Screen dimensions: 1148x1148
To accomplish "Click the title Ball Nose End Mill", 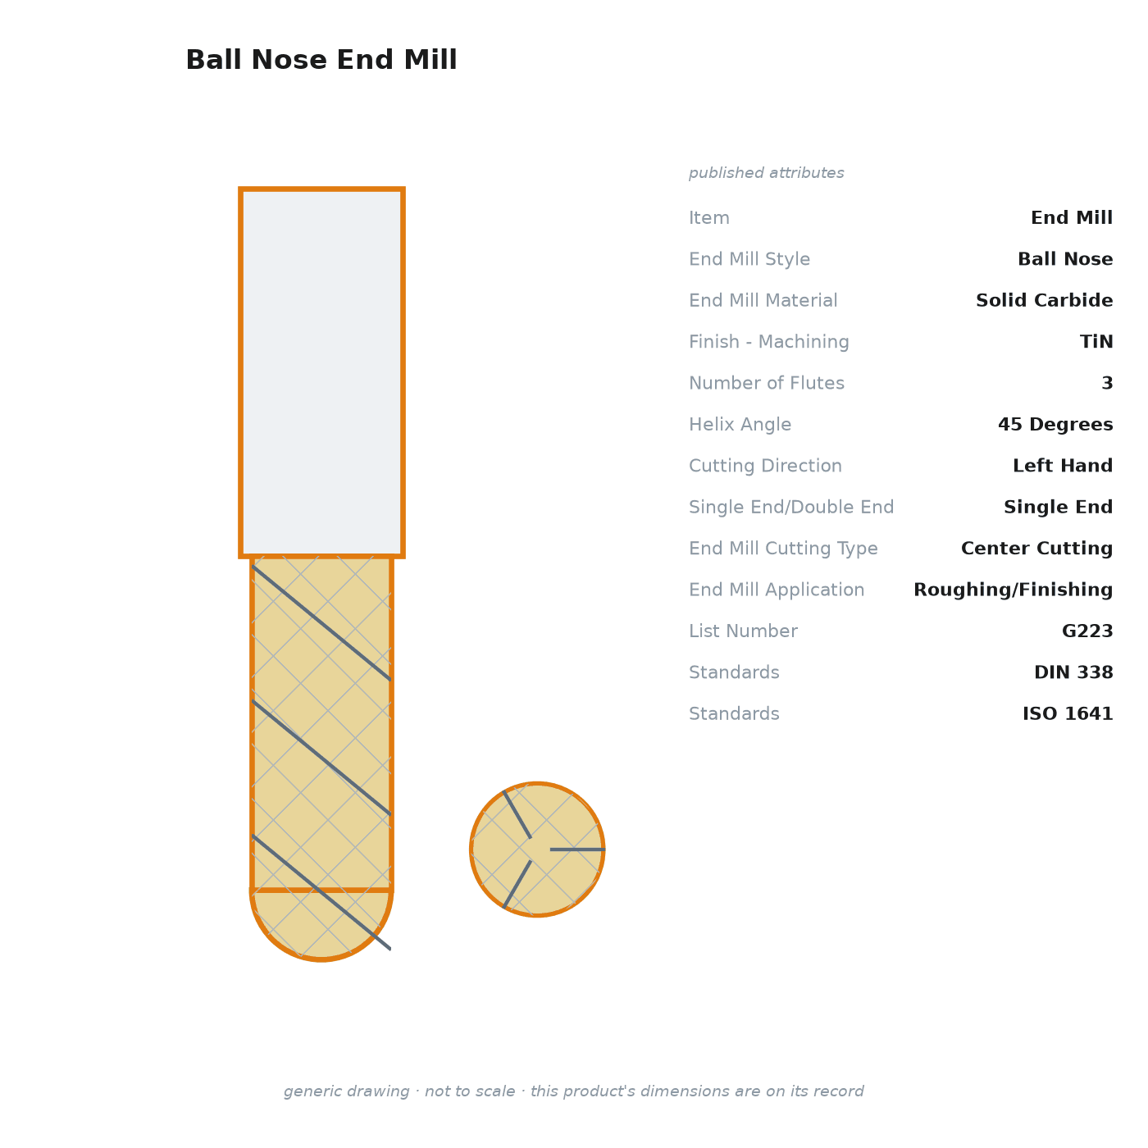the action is [321, 60].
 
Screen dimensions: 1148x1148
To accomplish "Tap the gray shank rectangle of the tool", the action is [321, 372].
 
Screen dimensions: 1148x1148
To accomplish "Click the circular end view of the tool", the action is [537, 850].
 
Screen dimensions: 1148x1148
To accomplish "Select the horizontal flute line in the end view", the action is [577, 850].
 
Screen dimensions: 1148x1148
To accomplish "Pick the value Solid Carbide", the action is [1044, 300].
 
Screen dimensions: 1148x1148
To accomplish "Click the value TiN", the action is [1096, 341].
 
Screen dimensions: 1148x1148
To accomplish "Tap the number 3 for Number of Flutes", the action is [1107, 383].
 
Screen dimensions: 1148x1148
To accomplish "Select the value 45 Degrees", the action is [1055, 424].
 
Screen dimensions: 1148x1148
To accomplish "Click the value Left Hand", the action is [1062, 465].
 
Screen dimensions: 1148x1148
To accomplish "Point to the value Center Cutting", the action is [1036, 548].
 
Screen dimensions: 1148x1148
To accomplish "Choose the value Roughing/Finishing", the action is [1013, 590].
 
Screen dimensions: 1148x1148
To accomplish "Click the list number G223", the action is [1087, 631].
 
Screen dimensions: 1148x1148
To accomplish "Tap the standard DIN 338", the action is [1073, 672].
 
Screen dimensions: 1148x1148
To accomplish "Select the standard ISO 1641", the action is [1068, 713].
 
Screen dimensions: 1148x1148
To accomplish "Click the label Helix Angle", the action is [740, 424].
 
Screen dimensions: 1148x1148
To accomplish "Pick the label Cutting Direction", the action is [766, 466].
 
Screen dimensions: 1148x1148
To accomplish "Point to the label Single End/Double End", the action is [791, 507].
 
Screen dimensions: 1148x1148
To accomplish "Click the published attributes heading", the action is [766, 173].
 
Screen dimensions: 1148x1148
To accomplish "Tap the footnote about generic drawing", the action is [574, 1091].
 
